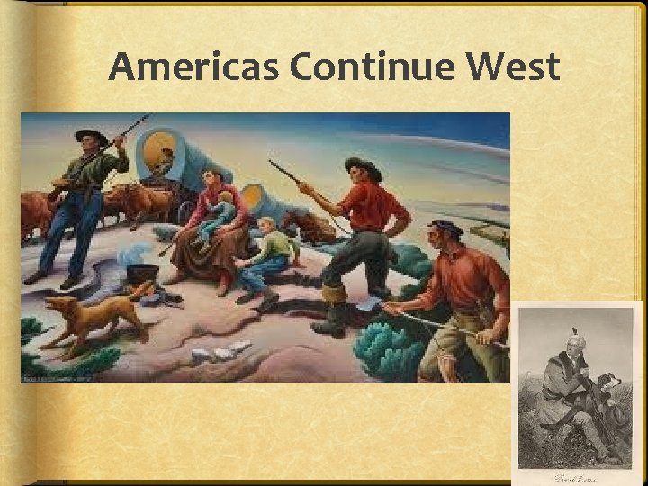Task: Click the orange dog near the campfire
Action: [94, 315]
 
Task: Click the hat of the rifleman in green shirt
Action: [91, 136]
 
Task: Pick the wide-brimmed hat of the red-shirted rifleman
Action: [363, 166]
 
